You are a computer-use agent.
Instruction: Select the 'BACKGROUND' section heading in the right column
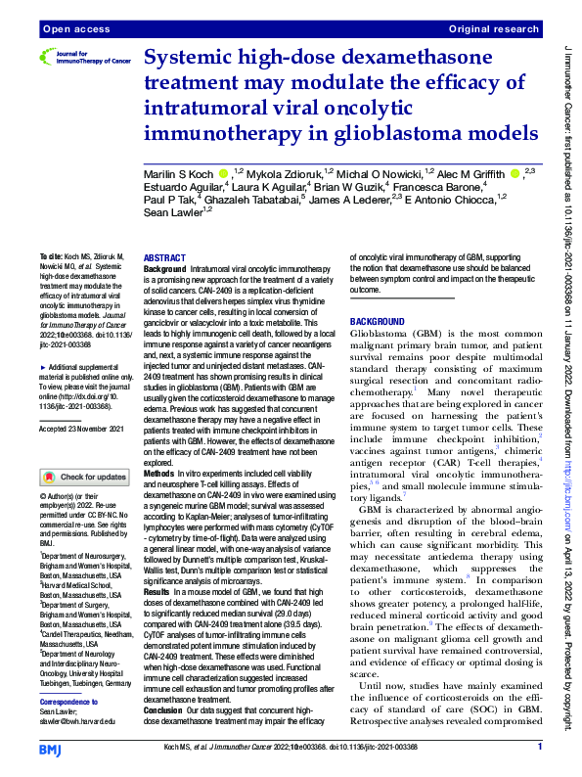pos(376,320)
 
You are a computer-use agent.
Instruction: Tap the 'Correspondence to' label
pos(69,703)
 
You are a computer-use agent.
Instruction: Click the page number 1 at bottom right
pos(540,748)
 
